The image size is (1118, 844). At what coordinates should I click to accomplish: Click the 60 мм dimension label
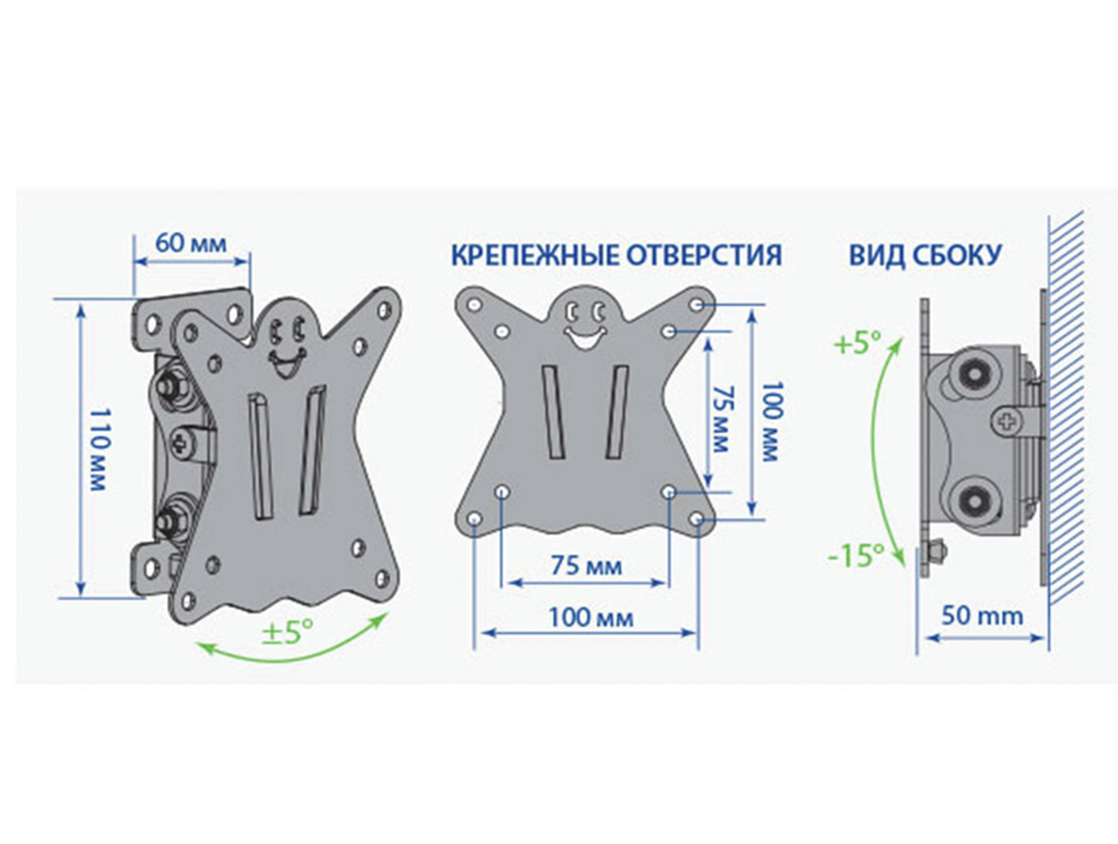(x=190, y=243)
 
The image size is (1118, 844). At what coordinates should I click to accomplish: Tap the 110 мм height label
(x=96, y=449)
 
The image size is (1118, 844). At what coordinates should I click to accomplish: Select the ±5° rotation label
(x=287, y=631)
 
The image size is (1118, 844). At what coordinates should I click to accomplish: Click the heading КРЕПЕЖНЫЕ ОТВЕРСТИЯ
(x=617, y=254)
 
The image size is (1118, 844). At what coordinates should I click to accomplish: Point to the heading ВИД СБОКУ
(x=925, y=254)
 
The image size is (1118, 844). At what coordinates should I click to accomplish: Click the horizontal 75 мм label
(x=586, y=566)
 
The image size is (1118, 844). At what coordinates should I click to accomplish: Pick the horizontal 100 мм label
(x=591, y=619)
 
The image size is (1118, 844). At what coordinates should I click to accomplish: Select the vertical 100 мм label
(x=771, y=421)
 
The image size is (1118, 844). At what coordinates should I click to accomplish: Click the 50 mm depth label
(x=982, y=617)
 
